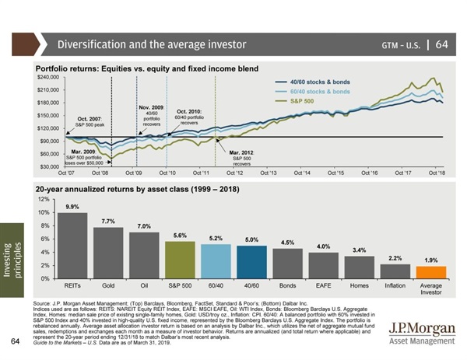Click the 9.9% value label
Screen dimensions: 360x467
73,207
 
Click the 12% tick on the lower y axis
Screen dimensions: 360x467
47,200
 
